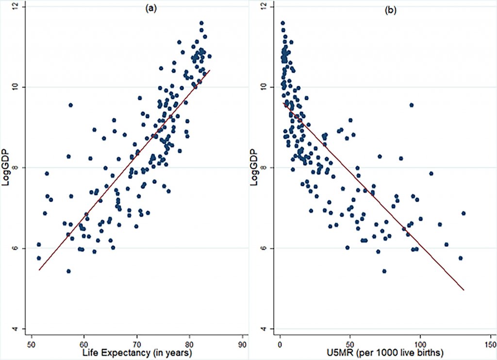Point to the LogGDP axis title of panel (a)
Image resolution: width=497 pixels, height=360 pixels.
pos(6,168)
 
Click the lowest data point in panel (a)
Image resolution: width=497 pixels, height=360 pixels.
pos(68,271)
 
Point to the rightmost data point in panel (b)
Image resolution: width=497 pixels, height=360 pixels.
pos(464,213)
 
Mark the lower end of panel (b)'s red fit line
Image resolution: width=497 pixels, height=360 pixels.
pos(464,290)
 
